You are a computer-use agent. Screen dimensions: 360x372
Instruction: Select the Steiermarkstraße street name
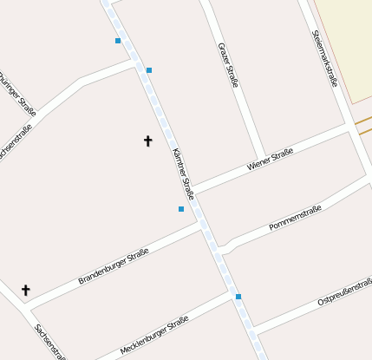(x=323, y=58)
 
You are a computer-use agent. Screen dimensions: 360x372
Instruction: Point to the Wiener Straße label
(x=270, y=159)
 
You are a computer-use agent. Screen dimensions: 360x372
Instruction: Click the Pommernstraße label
(x=295, y=218)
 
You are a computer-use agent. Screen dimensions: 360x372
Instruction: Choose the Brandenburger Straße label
(x=114, y=266)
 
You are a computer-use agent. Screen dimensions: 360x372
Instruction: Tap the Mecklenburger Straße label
(x=154, y=336)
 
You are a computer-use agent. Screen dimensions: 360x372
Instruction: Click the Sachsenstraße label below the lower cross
(x=50, y=342)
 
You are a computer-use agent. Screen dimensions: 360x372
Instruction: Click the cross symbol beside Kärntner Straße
(x=147, y=141)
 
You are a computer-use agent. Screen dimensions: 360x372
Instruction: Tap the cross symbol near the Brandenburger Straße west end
(x=25, y=290)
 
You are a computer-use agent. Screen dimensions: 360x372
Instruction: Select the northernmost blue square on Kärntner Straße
(x=118, y=41)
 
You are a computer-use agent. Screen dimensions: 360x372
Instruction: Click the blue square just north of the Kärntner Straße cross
(x=149, y=69)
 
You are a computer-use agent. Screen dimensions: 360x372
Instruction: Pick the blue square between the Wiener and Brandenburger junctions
(x=181, y=209)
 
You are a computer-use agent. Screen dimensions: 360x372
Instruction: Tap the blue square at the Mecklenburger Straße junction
(x=238, y=297)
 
